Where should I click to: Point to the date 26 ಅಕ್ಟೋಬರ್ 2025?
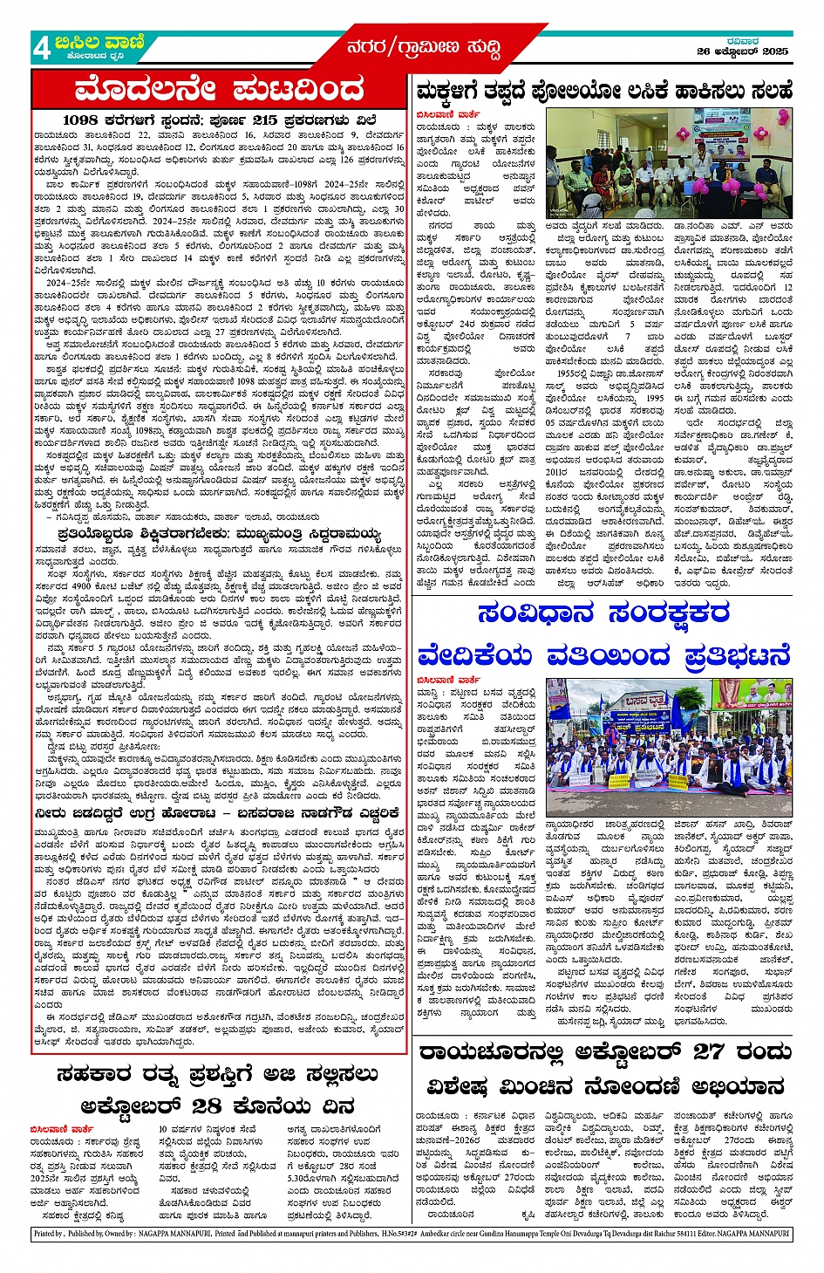(742, 52)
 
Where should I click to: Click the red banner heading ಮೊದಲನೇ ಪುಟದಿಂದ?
(219, 89)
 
